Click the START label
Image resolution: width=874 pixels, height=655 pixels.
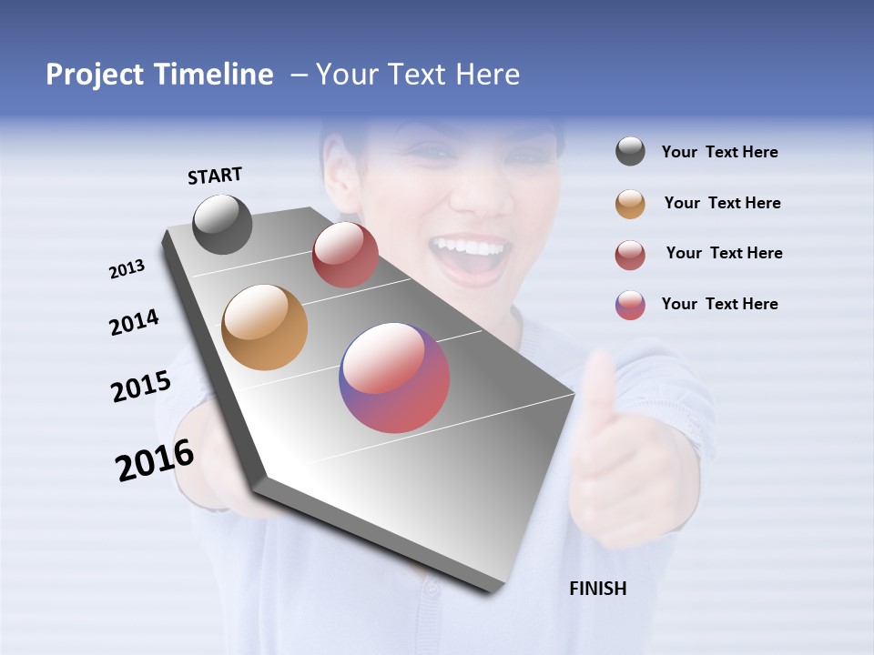[x=215, y=176]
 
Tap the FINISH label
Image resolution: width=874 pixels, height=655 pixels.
[x=598, y=589]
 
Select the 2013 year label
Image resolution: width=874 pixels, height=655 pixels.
[x=127, y=269]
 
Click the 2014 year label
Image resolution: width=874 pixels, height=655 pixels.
[x=134, y=323]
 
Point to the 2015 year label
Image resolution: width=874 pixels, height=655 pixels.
[x=141, y=387]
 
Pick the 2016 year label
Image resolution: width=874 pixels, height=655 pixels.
[x=155, y=460]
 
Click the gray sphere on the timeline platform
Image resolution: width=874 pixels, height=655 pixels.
[x=222, y=224]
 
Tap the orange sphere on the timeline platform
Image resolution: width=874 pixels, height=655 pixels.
[x=265, y=327]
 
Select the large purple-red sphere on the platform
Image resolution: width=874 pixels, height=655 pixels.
[x=394, y=378]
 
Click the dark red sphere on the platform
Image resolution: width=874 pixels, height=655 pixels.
[x=345, y=255]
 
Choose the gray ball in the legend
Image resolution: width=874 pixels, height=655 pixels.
[x=630, y=152]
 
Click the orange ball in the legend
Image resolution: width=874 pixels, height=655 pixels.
[x=630, y=204]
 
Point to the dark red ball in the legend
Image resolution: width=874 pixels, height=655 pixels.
[x=630, y=255]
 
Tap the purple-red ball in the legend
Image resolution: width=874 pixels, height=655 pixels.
[x=630, y=305]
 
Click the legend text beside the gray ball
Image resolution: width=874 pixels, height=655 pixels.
[x=719, y=153]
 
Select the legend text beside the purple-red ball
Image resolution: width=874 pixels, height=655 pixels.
[x=719, y=304]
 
